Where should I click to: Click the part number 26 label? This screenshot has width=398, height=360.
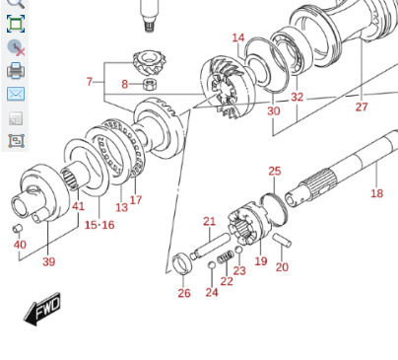point(184,293)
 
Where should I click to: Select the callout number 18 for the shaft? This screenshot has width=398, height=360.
point(376,193)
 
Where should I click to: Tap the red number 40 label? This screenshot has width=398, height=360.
point(20,245)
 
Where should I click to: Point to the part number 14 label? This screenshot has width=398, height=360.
point(238,37)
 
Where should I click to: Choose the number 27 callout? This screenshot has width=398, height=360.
point(362,107)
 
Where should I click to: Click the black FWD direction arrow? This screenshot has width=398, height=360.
point(42,309)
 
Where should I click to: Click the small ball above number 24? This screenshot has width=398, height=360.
point(212,265)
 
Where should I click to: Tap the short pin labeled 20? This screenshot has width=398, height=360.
point(282,240)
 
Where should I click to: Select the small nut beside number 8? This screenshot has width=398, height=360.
point(150,84)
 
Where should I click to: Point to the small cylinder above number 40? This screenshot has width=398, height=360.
point(17,228)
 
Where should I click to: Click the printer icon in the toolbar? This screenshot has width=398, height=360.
point(16,71)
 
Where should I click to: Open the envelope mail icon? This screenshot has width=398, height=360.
point(16,94)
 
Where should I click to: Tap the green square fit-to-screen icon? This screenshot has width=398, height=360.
point(16,24)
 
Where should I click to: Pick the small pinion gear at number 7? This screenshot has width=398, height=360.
point(150,62)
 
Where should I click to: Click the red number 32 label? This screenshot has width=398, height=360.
point(297,97)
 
